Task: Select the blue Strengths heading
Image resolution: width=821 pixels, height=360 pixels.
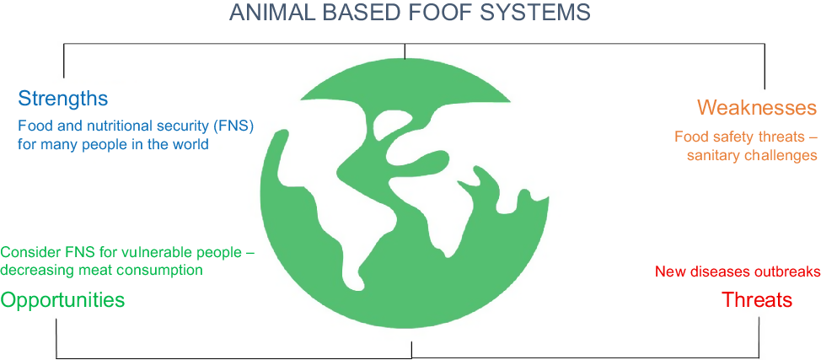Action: tap(63, 98)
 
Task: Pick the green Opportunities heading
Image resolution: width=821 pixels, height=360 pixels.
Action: tap(62, 300)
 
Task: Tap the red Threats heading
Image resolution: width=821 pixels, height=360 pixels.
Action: tap(757, 300)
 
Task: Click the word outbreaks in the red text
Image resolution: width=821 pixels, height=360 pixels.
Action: tap(788, 272)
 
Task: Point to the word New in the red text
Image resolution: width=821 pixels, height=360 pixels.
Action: tap(667, 272)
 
